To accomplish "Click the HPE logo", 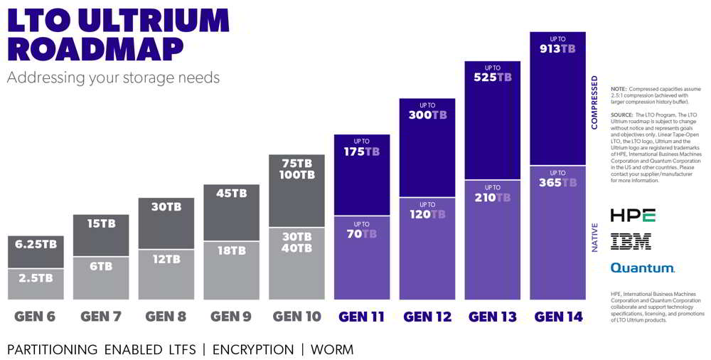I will [632, 215].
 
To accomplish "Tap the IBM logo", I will [631, 242].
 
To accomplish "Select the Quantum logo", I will [642, 268].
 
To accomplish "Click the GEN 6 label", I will [35, 317].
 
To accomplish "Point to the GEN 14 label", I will [558, 317].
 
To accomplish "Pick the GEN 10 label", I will [296, 317].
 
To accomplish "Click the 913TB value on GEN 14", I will [557, 49].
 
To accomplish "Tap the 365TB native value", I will [557, 183].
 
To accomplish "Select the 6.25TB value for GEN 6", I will [36, 243].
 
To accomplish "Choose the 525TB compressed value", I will [492, 78].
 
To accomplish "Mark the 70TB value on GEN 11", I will [361, 233].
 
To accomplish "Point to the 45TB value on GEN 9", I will [231, 194].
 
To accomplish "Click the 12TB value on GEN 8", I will [166, 259].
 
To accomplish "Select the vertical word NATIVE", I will [594, 238].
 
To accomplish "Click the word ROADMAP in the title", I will [95, 50].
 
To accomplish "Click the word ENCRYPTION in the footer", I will [252, 349].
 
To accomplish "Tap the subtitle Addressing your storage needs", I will [113, 77].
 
